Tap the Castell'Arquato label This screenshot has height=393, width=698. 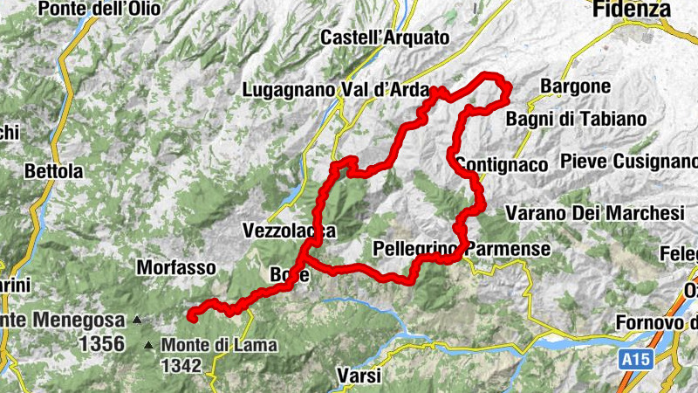pyautogui.click(x=385, y=38)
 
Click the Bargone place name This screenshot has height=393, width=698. pyautogui.click(x=575, y=86)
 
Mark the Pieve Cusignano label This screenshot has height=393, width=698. pyautogui.click(x=627, y=162)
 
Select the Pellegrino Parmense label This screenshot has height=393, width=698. pyautogui.click(x=462, y=249)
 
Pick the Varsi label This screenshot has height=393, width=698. pyautogui.click(x=359, y=376)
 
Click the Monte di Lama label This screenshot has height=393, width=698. pyautogui.click(x=219, y=345)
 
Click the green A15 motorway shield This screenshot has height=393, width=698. pyautogui.click(x=638, y=359)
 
